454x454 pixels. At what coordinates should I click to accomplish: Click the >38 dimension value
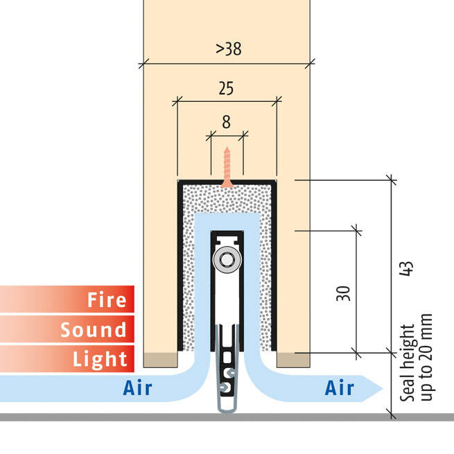tap(229, 49)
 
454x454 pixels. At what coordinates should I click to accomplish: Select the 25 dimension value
tap(226, 88)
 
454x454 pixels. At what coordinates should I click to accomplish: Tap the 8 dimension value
tap(227, 122)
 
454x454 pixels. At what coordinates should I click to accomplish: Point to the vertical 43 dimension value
tap(406, 268)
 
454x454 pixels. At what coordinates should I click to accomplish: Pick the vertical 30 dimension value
tap(343, 293)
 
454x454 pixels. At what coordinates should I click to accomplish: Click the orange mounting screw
tap(227, 167)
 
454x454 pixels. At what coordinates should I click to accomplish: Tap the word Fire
tap(107, 299)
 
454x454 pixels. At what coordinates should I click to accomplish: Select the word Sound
tap(94, 329)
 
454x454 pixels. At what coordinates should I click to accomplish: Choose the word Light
tap(100, 359)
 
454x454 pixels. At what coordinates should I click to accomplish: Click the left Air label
tap(137, 387)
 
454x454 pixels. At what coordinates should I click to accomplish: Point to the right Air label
tap(340, 387)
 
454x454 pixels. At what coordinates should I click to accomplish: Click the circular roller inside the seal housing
tap(227, 260)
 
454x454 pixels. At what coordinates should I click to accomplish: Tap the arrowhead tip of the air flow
tap(383, 388)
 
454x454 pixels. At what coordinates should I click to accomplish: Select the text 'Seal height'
tap(407, 363)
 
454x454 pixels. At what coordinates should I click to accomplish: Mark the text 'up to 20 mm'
tap(426, 357)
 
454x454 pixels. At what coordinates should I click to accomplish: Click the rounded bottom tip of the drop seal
tap(227, 411)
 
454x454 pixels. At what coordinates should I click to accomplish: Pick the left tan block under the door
tap(160, 360)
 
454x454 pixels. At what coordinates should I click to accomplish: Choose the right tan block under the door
tap(293, 360)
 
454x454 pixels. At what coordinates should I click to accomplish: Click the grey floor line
tap(227, 417)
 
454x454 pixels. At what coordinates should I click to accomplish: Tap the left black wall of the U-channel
tap(180, 265)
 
